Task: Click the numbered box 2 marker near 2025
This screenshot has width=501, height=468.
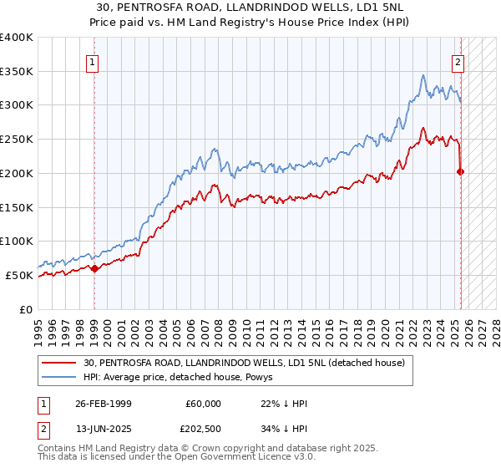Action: point(458,60)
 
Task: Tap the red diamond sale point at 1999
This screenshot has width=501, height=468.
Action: point(94,268)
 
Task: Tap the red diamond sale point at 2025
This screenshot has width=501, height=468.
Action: point(461,172)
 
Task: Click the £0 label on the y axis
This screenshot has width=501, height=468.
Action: point(27,309)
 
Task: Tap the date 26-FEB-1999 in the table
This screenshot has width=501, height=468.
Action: point(104,404)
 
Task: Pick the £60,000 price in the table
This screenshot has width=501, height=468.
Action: point(202,404)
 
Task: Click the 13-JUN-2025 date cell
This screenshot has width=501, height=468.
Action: point(104,430)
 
